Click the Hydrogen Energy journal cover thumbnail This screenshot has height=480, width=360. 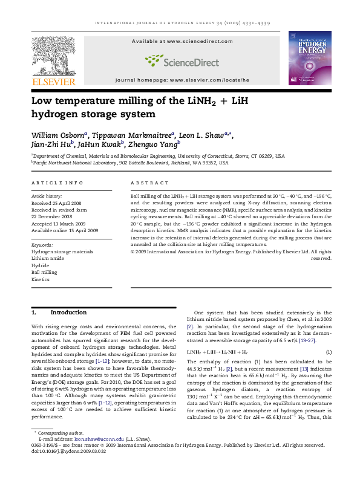pyautogui.click(x=310, y=57)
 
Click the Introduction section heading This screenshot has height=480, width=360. pyautogui.click(x=68, y=313)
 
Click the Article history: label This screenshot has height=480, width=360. pyautogui.click(x=47, y=196)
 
